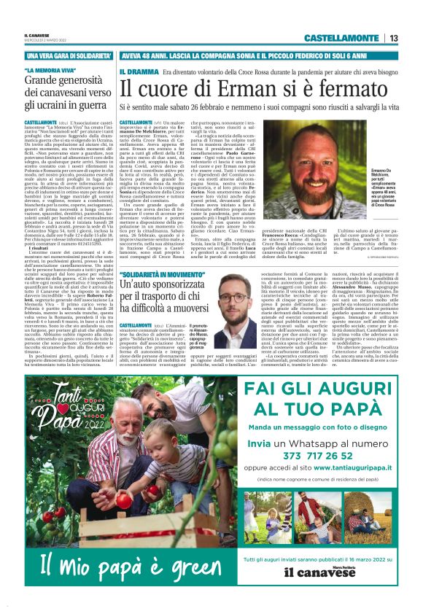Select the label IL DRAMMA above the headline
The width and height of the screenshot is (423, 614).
pyautogui.click(x=139, y=72)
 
